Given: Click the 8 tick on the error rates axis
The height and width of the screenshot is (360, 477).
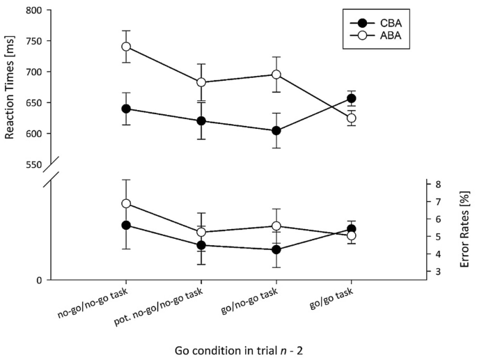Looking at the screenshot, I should point(437,185).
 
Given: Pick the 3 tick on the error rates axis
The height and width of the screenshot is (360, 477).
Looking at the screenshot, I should point(437,272).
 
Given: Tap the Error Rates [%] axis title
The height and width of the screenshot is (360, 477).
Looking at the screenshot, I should point(464,227).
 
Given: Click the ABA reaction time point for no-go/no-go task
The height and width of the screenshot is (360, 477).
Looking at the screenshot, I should point(126,47).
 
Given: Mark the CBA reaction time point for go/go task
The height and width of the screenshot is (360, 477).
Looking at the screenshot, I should point(351,99).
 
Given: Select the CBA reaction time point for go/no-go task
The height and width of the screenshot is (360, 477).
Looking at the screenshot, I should point(276,130).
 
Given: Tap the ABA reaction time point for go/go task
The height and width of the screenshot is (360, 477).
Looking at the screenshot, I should point(351,118).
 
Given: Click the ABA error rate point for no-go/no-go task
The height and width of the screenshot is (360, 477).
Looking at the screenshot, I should point(126,203).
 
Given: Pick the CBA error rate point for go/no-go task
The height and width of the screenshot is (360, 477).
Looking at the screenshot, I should point(276,249).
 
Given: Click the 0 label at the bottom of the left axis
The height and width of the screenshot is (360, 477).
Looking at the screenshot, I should point(39,280).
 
